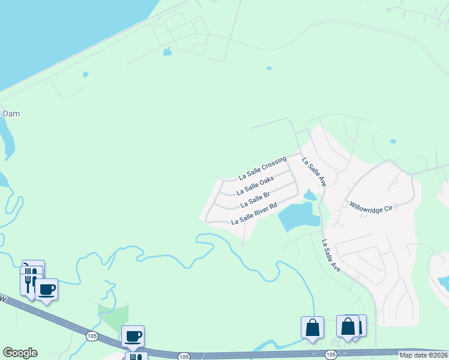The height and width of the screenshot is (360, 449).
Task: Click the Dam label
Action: pos(11,113)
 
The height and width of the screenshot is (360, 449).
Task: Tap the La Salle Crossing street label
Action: pos(262,168)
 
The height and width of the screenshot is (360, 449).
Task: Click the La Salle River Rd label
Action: pos(254,214)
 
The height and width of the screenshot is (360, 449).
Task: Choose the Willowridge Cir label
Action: pos(370,205)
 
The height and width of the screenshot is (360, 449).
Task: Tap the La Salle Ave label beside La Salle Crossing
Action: pos(313,172)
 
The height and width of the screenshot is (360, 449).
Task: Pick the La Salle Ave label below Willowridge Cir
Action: pos(331,256)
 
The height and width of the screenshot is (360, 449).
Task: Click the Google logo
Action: pos(20,353)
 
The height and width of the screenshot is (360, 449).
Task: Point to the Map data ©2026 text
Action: pos(423,355)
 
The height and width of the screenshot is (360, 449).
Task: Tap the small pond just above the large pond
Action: pos(310,195)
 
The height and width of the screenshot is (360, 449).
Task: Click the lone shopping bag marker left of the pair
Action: pos(312,328)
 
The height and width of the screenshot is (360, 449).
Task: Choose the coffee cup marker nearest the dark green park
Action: pos(133,336)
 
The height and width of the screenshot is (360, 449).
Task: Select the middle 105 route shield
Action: pos(183,356)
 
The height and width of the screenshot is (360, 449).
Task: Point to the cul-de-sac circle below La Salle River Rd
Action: pos(243,243)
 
